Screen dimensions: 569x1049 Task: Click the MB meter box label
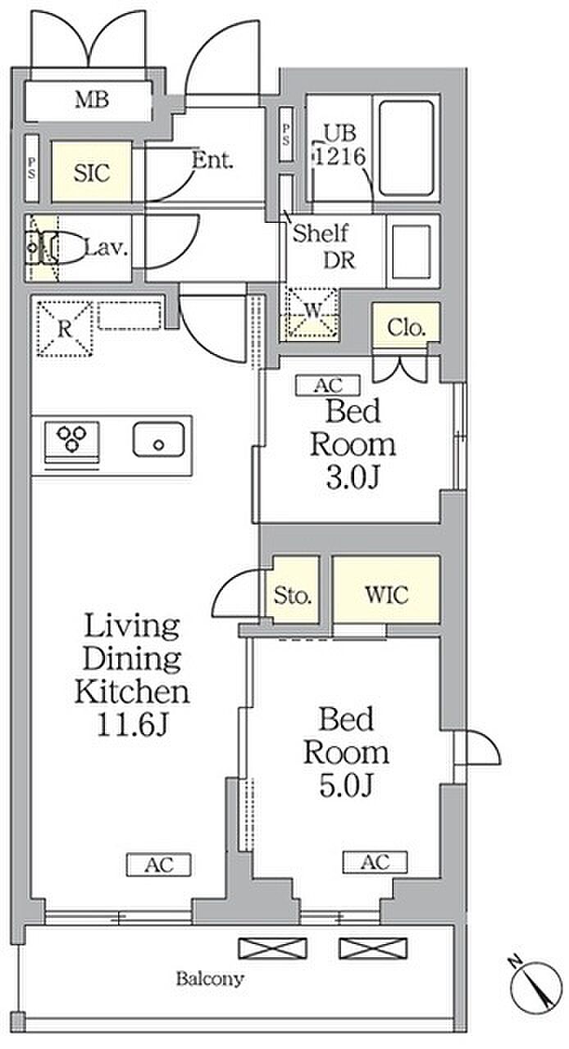93,100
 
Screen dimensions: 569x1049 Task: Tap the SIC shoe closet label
92,173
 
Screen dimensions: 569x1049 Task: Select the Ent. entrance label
212,161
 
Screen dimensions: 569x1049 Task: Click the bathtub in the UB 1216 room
406,148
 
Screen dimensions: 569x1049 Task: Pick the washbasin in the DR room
412,252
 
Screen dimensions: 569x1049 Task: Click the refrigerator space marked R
64,329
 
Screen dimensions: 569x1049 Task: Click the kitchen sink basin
158,440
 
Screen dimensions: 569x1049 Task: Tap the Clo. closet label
407,328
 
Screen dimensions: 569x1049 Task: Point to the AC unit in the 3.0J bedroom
328,385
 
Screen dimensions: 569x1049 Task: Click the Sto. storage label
293,595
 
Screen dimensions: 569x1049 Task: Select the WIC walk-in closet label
387,594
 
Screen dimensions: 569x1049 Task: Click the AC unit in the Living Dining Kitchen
159,865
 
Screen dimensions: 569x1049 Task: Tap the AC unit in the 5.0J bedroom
375,861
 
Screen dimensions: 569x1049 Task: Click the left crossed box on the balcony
273,948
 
